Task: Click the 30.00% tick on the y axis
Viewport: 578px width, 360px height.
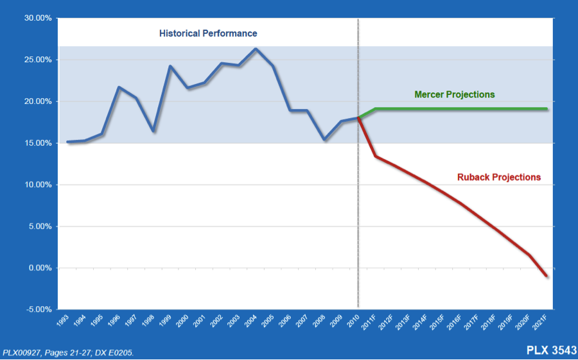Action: [x=37, y=18]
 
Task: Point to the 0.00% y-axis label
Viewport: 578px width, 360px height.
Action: [x=39, y=268]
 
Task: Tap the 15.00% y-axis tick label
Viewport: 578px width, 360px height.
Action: [x=37, y=143]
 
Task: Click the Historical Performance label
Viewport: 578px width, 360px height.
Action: [x=208, y=33]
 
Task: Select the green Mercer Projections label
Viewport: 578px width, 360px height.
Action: [x=455, y=94]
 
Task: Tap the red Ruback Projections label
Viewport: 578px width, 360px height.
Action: [x=499, y=177]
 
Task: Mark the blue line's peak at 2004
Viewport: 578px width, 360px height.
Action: [x=256, y=49]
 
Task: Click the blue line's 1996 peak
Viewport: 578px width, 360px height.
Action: [x=119, y=87]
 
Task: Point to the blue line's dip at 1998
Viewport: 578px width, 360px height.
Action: [x=153, y=131]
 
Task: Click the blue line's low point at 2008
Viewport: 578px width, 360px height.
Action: [x=325, y=139]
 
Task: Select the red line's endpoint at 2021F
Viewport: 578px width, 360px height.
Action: [x=547, y=276]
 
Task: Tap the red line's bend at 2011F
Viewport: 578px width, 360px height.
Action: [x=376, y=157]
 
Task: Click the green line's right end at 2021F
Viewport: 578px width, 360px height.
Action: [x=547, y=108]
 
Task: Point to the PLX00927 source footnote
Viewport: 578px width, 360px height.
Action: [x=69, y=352]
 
